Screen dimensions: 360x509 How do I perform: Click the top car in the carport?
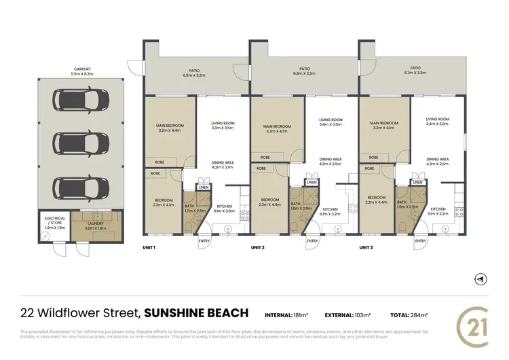(x=80, y=101)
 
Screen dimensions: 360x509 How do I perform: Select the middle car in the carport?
(x=80, y=143)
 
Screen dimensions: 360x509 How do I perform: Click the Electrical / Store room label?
(x=54, y=221)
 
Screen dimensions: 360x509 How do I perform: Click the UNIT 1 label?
(x=149, y=247)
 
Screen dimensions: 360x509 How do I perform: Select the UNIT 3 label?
(x=367, y=247)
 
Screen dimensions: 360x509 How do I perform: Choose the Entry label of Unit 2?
(x=312, y=241)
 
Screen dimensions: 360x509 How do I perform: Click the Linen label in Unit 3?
(x=418, y=183)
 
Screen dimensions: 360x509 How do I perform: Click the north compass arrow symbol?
(x=480, y=279)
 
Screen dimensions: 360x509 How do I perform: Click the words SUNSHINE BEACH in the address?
(x=197, y=313)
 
